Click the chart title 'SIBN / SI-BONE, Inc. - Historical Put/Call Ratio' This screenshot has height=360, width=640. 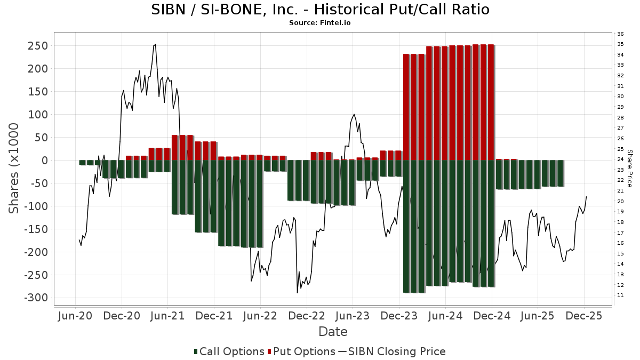[320, 10]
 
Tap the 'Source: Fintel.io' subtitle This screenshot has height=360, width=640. [320, 23]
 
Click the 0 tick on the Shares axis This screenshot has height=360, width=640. [45, 161]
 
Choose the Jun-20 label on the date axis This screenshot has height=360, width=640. [75, 316]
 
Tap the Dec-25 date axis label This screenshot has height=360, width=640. [584, 316]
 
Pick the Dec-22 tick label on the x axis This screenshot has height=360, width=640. [307, 316]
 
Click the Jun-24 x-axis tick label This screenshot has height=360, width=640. [445, 316]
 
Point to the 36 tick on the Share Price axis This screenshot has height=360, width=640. [620, 34]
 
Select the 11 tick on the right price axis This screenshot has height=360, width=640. [620, 295]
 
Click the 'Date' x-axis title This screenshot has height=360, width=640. [333, 332]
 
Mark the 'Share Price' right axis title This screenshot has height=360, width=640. [630, 168]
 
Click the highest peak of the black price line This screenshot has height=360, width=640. [155, 44]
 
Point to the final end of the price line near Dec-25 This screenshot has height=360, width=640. [587, 196]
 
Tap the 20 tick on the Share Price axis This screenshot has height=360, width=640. [620, 201]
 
